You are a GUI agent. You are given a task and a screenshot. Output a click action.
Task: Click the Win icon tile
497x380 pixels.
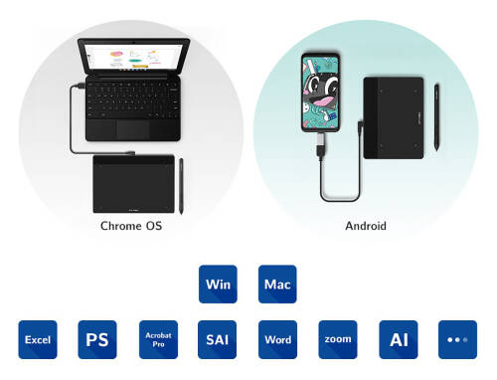coord(218,284)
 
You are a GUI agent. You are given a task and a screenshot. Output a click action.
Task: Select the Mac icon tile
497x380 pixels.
coord(277,284)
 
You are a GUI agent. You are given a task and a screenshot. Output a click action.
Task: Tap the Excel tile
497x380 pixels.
coord(37,339)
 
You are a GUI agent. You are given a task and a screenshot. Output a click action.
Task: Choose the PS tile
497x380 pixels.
coord(97,339)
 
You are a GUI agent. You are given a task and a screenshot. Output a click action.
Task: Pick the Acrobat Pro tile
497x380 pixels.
coord(157,339)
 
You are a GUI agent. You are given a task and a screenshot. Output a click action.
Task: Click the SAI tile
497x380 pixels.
coord(218,339)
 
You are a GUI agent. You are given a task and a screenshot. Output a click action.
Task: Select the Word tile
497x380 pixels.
coord(277,339)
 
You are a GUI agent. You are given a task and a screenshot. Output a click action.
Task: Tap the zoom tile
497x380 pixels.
coord(338,339)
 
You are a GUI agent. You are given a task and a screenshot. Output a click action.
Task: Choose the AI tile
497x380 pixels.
coord(399,339)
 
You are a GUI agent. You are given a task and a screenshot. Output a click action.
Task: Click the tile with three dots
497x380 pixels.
coord(457,339)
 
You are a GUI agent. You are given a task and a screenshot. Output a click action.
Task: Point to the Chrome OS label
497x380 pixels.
coord(130,226)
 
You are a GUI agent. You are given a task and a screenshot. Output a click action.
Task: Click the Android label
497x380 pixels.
coord(365,226)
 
